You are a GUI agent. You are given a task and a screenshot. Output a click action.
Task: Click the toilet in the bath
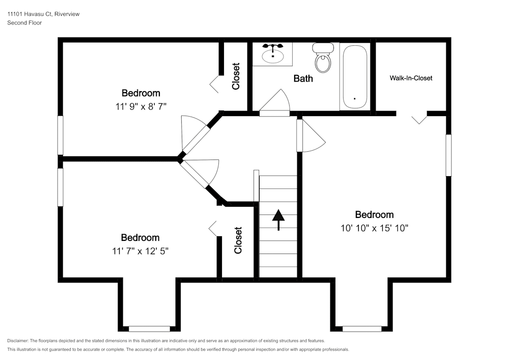click(x=323, y=59)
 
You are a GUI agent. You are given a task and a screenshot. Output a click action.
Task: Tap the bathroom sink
click(x=273, y=53)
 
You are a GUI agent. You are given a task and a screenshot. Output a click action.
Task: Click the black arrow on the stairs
click(x=278, y=219)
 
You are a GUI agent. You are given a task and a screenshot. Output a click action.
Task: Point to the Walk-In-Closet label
click(x=411, y=78)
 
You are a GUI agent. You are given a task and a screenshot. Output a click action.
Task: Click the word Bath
click(x=303, y=78)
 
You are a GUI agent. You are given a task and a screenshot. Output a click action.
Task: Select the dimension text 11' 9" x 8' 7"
click(x=141, y=106)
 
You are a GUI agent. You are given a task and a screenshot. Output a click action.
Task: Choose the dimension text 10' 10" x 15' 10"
click(x=374, y=228)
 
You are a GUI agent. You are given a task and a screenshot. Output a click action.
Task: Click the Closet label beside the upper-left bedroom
click(x=236, y=76)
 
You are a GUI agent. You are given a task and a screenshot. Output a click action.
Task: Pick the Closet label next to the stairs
click(x=238, y=240)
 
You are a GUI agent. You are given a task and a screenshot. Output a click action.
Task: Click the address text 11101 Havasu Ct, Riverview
click(x=43, y=14)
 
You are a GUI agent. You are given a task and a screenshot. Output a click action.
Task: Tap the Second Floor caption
click(x=24, y=23)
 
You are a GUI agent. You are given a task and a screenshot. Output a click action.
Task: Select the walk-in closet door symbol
click(x=419, y=118)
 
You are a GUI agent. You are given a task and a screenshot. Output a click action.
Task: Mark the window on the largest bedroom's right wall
click(x=448, y=155)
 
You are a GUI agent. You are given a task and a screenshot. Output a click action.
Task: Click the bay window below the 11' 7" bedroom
click(x=149, y=328)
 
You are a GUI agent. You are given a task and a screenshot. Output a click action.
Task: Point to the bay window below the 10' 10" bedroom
click(x=362, y=328)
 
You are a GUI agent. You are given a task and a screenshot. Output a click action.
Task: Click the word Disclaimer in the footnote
click(x=18, y=341)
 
